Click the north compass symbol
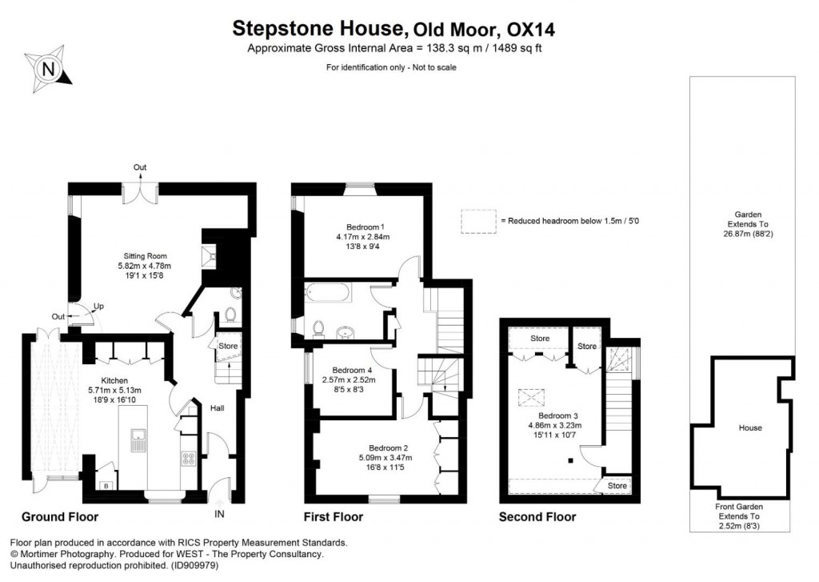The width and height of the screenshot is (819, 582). coord(49,68)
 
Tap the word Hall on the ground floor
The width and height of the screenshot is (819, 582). coord(217,408)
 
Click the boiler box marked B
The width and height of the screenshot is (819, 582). coord(106,485)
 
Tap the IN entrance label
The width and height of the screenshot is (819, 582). coord(220,514)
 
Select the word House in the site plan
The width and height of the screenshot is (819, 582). coord(750,427)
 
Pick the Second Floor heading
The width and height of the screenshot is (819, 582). coord(537,517)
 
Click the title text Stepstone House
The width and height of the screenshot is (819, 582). coord(318,30)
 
